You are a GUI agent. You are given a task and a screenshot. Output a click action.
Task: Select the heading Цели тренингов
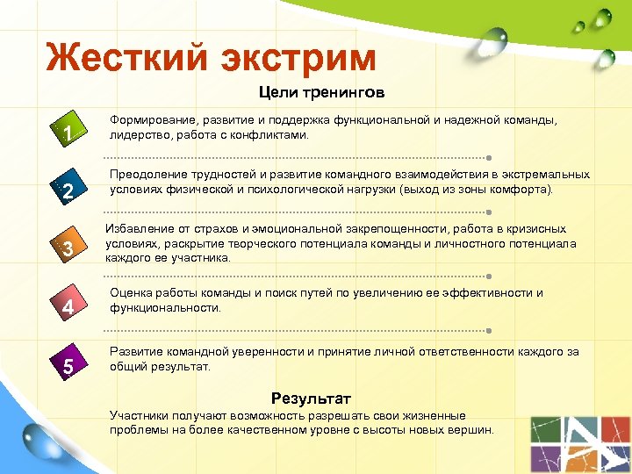click(321, 91)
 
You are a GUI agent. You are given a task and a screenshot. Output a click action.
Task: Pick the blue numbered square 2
click(68, 190)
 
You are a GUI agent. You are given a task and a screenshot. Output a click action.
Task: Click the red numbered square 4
click(68, 306)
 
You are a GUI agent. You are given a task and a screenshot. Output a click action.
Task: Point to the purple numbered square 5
click(68, 365)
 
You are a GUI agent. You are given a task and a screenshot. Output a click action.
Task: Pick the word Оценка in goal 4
click(128, 293)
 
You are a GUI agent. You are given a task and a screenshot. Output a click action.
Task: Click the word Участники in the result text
click(137, 415)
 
